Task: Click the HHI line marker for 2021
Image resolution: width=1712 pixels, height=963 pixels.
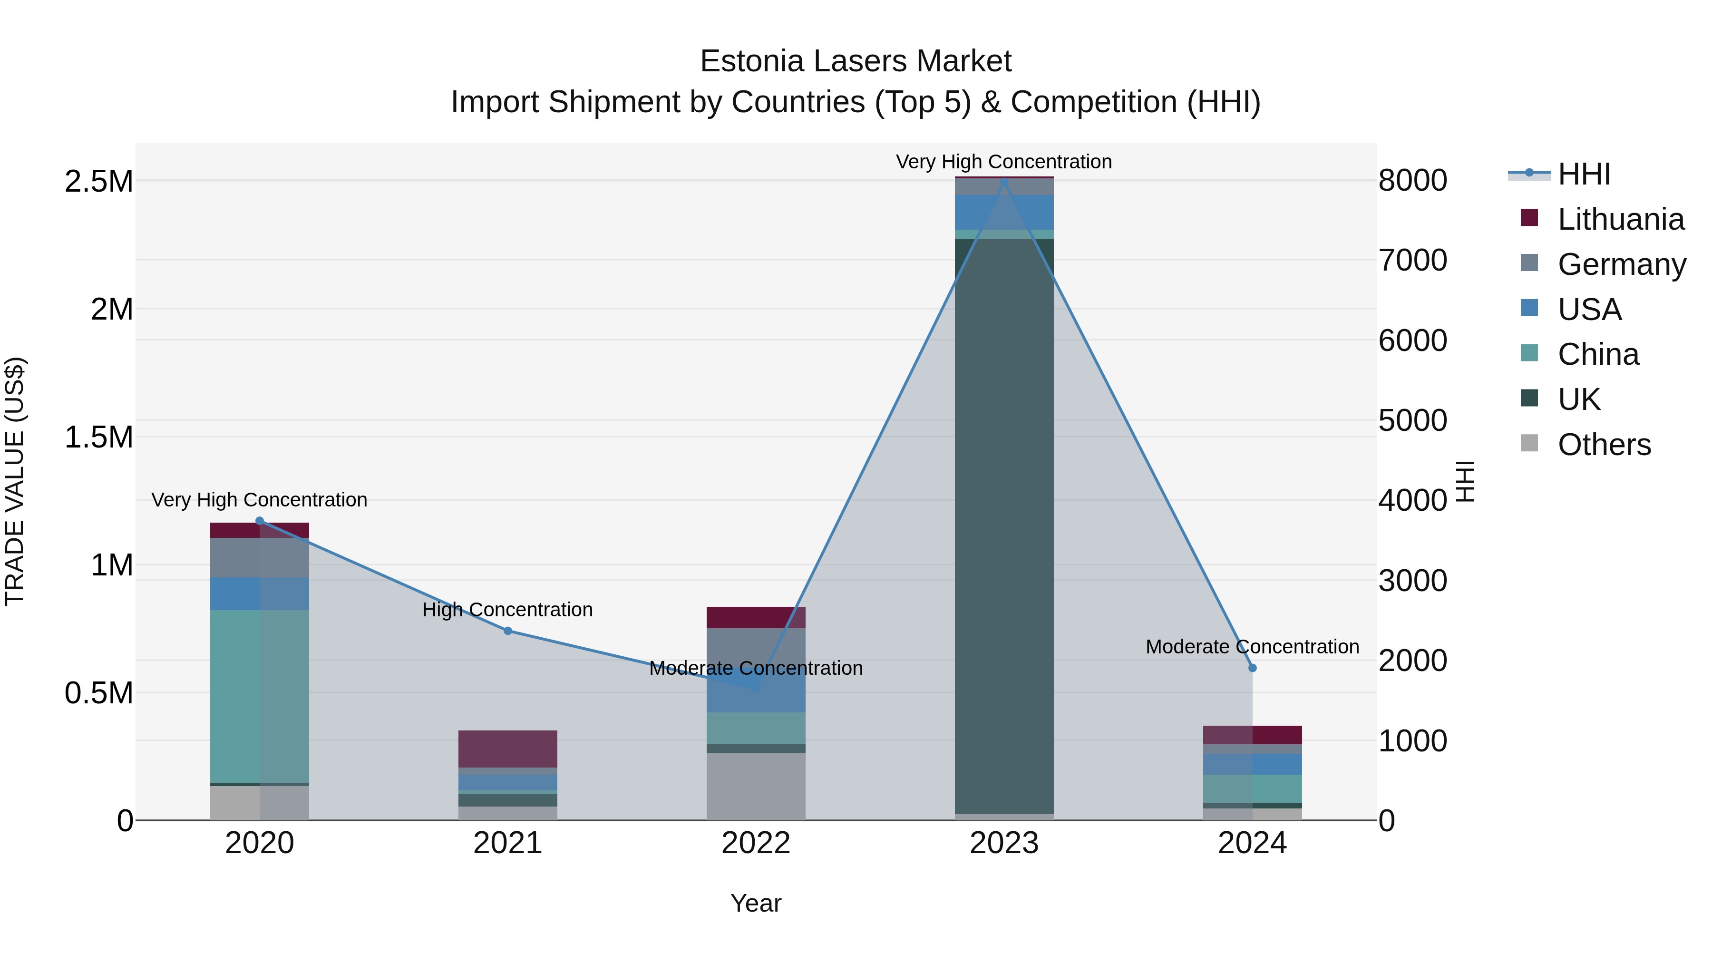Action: coord(508,631)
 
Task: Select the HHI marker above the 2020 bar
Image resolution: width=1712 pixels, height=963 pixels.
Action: coord(260,521)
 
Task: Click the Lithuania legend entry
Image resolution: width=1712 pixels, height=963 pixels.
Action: coord(1620,219)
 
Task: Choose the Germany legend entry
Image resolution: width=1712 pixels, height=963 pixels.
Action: coord(1621,264)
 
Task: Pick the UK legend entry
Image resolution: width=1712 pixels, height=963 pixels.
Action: coord(1578,399)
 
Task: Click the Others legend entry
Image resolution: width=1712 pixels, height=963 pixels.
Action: coord(1604,445)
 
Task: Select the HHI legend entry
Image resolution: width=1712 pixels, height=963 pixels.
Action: coord(1583,174)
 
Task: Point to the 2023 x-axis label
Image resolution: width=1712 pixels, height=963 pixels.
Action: coord(1003,843)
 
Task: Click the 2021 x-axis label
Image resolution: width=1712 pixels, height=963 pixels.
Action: coord(508,843)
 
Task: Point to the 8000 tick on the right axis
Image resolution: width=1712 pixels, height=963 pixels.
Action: coord(1412,181)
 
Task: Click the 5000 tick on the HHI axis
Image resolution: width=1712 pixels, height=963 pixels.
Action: coord(1412,421)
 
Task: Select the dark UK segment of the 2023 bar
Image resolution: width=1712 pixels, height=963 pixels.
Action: coord(1003,525)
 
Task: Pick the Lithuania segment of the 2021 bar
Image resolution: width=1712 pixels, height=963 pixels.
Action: coord(508,749)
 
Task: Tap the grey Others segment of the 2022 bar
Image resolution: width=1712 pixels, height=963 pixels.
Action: coord(756,786)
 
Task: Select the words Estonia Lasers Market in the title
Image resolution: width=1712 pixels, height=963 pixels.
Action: coord(856,62)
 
